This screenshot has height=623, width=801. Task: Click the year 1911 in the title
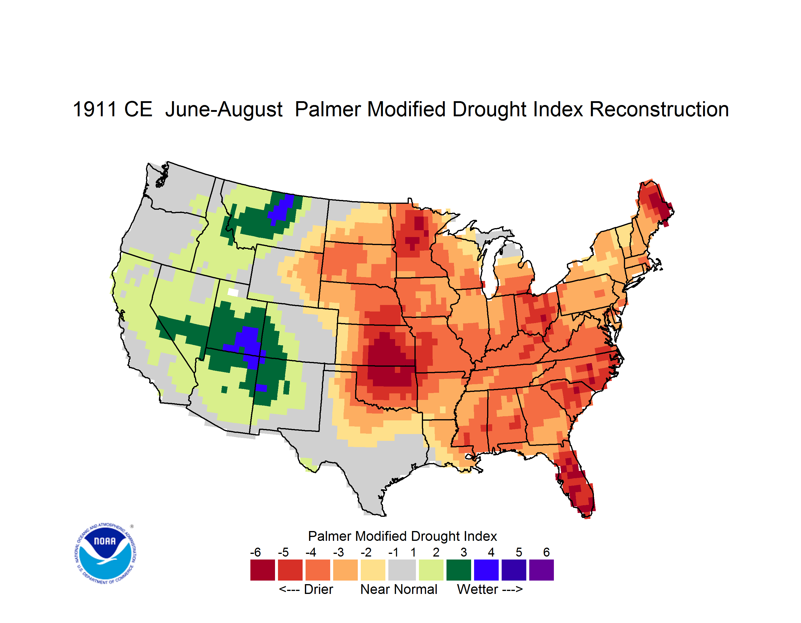pyautogui.click(x=95, y=109)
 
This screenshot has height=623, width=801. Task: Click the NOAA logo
pyautogui.click(x=105, y=553)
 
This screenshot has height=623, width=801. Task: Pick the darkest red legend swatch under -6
pyautogui.click(x=262, y=570)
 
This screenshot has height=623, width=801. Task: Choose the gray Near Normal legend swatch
pyautogui.click(x=402, y=570)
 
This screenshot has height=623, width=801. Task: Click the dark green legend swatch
pyautogui.click(x=458, y=570)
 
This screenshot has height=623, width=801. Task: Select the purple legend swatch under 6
pyautogui.click(x=541, y=570)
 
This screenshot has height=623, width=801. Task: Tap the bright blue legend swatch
pyautogui.click(x=486, y=570)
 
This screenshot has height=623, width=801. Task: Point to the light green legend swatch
pyautogui.click(x=431, y=570)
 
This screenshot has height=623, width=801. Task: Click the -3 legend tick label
pyautogui.click(x=338, y=552)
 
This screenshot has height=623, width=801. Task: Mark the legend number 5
pyautogui.click(x=519, y=552)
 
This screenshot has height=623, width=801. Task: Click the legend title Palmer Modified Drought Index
pyautogui.click(x=402, y=536)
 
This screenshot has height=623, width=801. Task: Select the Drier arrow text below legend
pyautogui.click(x=306, y=589)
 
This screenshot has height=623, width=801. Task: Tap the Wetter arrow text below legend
pyautogui.click(x=490, y=589)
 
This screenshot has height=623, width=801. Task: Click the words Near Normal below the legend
pyautogui.click(x=399, y=589)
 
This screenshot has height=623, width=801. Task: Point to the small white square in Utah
pyautogui.click(x=233, y=292)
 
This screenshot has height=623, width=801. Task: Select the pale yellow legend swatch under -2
pyautogui.click(x=373, y=570)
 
